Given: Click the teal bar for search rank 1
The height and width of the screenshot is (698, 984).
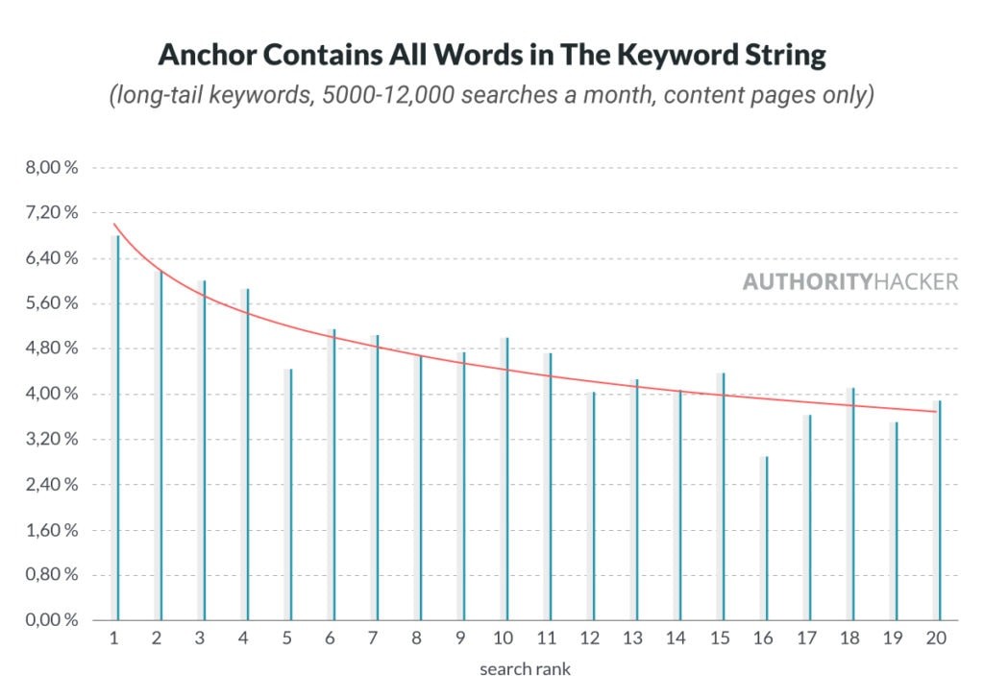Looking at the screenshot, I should [118, 427].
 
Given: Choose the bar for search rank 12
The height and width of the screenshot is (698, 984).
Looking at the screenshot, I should [594, 506].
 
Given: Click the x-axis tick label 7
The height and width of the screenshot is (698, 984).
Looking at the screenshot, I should [374, 639].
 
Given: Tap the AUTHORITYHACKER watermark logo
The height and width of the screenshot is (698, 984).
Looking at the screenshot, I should [850, 281].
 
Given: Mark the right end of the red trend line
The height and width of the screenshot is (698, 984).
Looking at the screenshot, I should [936, 412].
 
